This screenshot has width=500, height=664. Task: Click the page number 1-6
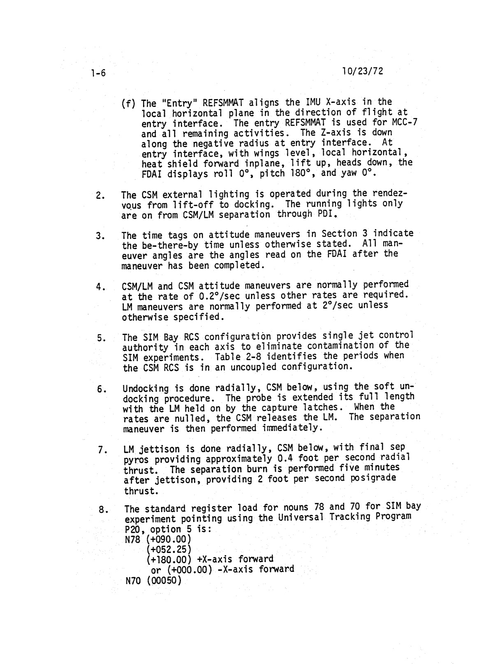pyautogui.click(x=98, y=73)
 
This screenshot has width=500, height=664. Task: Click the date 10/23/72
pyautogui.click(x=362, y=71)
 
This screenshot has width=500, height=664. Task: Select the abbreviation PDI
pyautogui.click(x=327, y=214)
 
